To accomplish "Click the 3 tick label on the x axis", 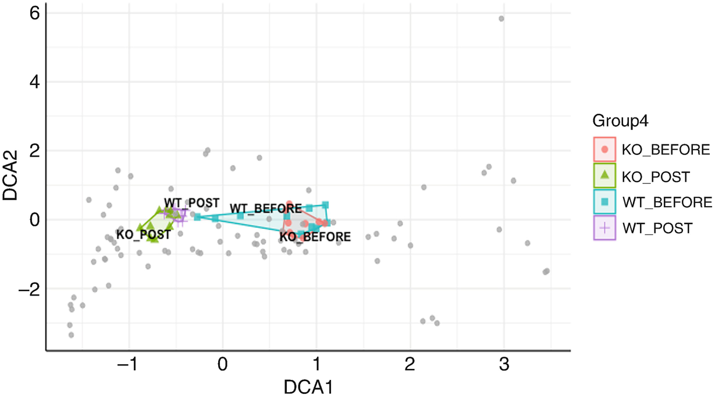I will (504, 365).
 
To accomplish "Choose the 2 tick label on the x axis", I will (410, 365).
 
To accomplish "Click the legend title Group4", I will (621, 122).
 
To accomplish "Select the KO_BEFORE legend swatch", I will (604, 150).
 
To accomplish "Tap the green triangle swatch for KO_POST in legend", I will (604, 175).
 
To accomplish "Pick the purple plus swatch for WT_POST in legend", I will (604, 228).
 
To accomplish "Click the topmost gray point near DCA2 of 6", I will (501, 19).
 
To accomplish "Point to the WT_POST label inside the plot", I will (191, 202).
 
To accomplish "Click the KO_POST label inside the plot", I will (143, 234).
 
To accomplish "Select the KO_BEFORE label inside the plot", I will (315, 237).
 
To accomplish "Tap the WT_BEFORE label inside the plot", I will (265, 208).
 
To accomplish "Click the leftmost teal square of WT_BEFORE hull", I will (197, 216).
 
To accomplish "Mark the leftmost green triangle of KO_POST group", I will (140, 228).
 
